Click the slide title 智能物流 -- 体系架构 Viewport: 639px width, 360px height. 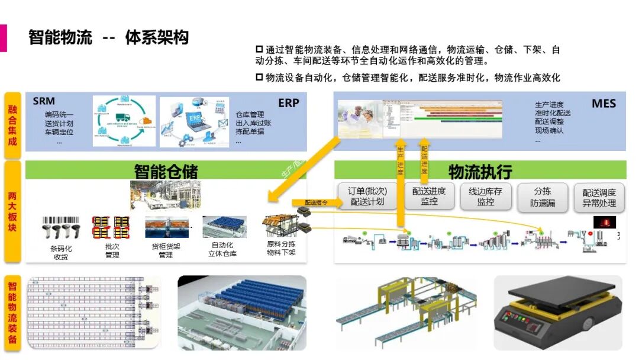pyautogui.click(x=108, y=37)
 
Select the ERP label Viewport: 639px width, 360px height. pyautogui.click(x=289, y=103)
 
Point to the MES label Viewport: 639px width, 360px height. pyautogui.click(x=603, y=104)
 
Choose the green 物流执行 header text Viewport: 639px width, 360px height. pyautogui.click(x=480, y=172)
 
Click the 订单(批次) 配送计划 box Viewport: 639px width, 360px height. pyautogui.click(x=367, y=197)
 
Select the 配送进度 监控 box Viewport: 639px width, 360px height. pyautogui.click(x=429, y=196)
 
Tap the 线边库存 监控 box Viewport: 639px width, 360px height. pyautogui.click(x=485, y=197)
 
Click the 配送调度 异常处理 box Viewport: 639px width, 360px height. pyautogui.click(x=599, y=198)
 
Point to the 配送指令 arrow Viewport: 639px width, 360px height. pyautogui.click(x=317, y=202)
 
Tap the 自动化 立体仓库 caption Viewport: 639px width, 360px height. pyautogui.click(x=222, y=249)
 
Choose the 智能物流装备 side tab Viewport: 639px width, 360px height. pyautogui.click(x=12, y=313)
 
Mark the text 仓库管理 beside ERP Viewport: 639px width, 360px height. pyautogui.click(x=250, y=114)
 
